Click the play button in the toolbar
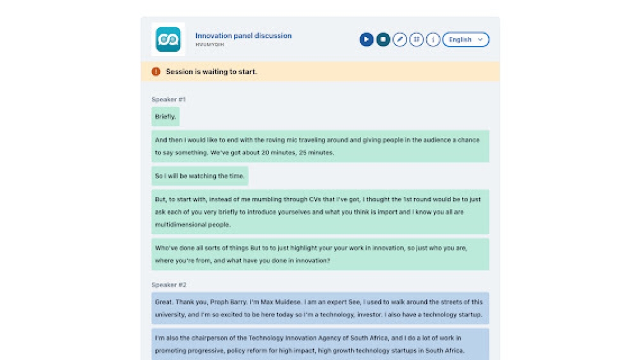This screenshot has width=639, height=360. [366, 40]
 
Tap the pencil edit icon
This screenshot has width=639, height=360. [400, 40]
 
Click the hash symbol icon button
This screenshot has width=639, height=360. [417, 40]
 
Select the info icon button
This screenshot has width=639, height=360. [433, 40]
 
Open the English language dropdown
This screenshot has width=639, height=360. [466, 40]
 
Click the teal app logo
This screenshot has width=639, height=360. [168, 40]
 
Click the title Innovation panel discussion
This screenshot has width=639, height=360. [243, 36]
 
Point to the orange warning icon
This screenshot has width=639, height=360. [156, 72]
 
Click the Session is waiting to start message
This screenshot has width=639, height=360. [211, 72]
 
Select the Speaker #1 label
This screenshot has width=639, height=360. [169, 100]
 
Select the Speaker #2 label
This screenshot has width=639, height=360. [169, 285]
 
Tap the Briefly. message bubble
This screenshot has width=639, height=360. [166, 116]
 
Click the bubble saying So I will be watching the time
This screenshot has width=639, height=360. [200, 176]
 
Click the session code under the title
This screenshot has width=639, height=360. [206, 45]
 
